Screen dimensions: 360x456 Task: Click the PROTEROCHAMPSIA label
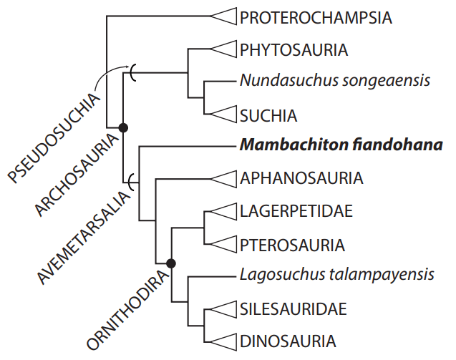click(316, 17)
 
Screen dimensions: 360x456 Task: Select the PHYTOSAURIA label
click(294, 49)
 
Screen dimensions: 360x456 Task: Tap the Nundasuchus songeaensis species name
click(335, 81)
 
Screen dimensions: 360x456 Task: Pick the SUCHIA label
click(268, 115)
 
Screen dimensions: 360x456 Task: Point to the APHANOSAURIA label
click(301, 177)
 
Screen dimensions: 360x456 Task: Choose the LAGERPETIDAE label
click(298, 212)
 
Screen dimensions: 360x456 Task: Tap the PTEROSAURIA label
click(292, 245)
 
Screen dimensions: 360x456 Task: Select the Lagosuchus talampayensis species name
click(337, 275)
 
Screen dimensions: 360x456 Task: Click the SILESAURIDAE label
click(294, 309)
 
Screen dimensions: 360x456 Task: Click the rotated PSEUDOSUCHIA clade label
click(54, 135)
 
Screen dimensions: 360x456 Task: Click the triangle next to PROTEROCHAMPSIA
click(224, 17)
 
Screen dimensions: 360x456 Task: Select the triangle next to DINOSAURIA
click(224, 341)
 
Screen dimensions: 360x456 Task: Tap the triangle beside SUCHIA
click(224, 115)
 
